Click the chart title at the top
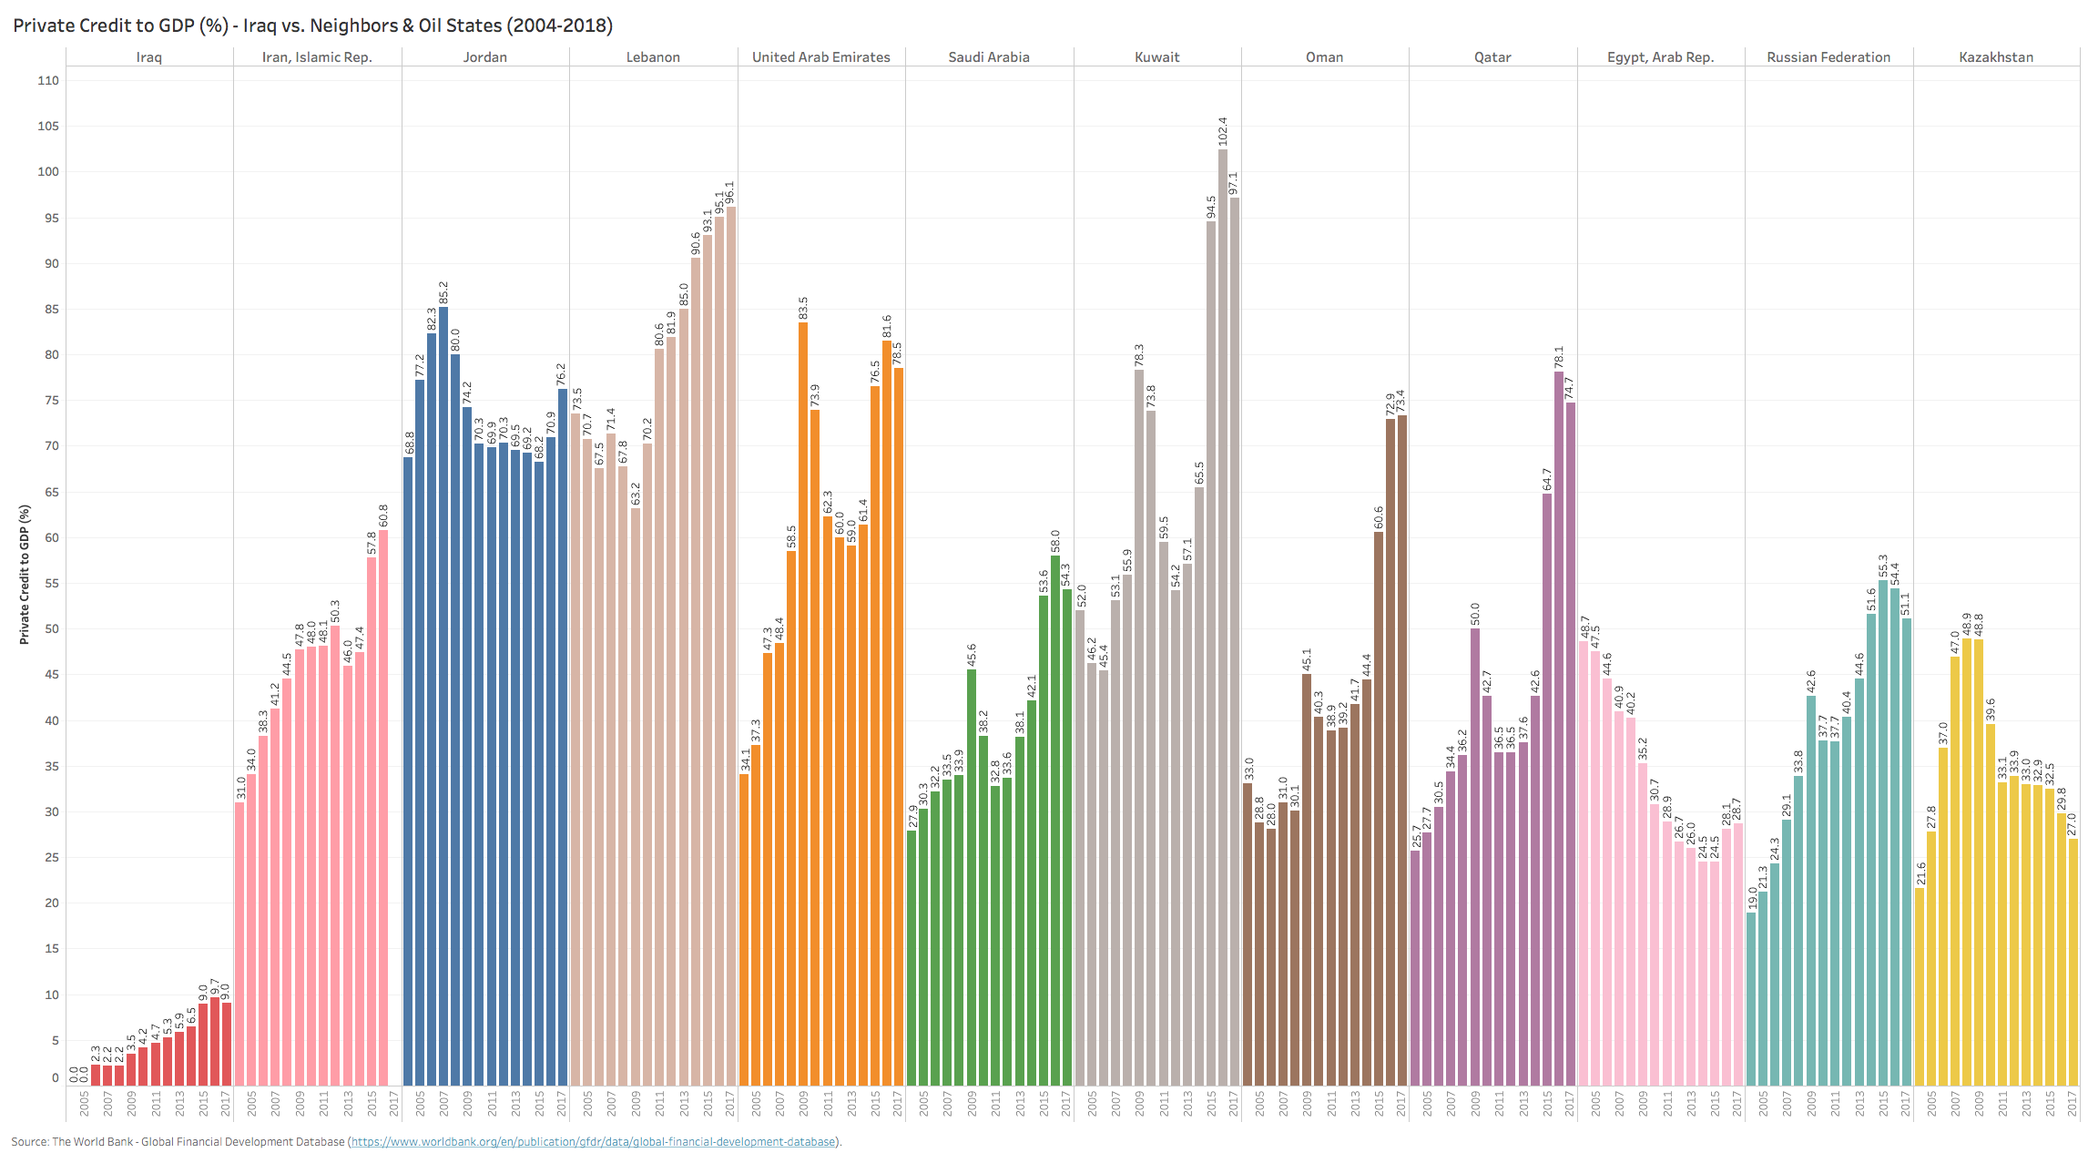(312, 26)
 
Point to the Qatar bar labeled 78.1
(1559, 728)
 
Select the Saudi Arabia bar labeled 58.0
(1055, 820)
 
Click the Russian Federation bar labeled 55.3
(1883, 832)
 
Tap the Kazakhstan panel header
(1996, 57)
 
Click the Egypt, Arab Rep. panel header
(1660, 57)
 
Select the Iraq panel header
(149, 57)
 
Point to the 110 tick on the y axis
(48, 80)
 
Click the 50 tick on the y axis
(52, 629)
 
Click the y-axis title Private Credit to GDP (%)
(25, 575)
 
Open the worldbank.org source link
(594, 1142)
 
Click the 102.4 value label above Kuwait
(1223, 131)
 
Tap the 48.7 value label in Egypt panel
(1584, 627)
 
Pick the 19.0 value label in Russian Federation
(1751, 898)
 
